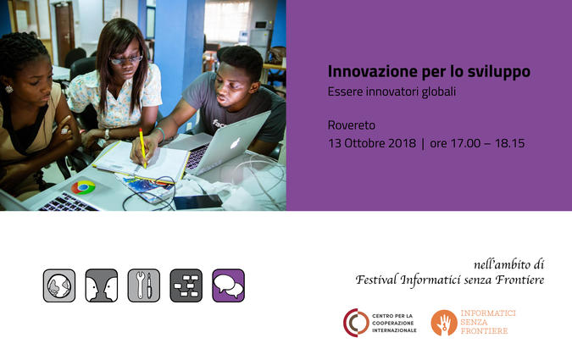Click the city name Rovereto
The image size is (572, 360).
352,125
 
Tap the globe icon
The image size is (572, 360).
59,285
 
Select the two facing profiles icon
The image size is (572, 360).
102,285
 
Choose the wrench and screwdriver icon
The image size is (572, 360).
144,285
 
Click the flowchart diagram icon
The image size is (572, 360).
186,285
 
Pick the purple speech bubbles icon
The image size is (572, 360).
228,285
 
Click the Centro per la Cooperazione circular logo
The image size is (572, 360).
356,323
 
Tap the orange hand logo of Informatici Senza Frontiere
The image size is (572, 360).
444,323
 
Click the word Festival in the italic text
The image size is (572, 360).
376,280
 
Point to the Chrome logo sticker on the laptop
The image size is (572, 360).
83,187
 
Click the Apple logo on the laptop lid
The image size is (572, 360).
235,143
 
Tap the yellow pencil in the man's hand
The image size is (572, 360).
142,147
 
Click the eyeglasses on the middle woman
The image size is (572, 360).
126,60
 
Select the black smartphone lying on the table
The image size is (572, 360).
198,202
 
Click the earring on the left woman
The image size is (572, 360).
8,89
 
